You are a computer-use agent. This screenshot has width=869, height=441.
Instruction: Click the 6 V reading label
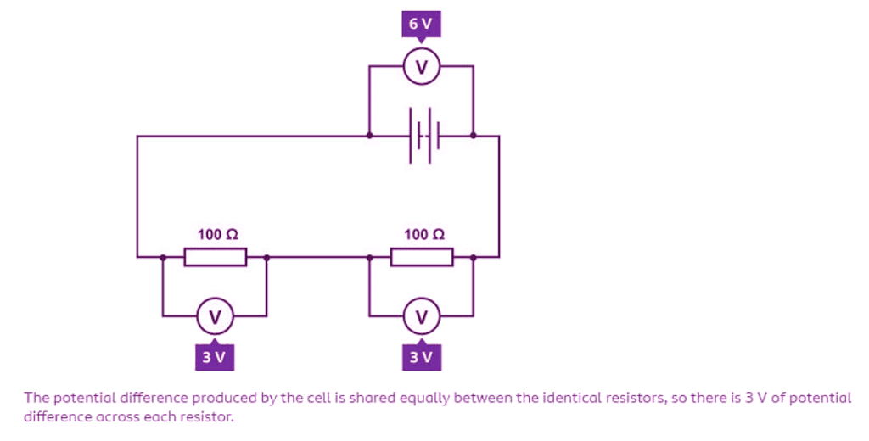point(421,24)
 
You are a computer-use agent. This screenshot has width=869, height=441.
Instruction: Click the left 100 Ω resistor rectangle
point(216,256)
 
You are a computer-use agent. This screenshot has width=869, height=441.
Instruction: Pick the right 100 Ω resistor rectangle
point(422,256)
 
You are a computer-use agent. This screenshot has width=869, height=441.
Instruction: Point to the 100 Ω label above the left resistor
point(217,234)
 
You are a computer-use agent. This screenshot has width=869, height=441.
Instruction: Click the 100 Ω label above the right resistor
point(423,234)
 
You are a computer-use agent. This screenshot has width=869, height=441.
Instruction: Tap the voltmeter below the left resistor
point(215,317)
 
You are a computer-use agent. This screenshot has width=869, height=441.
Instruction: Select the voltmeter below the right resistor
point(421,317)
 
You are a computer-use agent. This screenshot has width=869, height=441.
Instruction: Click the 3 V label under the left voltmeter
point(215,357)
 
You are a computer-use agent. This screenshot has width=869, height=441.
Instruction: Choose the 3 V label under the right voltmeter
point(421,357)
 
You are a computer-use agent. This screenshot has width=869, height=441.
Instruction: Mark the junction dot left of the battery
point(369,135)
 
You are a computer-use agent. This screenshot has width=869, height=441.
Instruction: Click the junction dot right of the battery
point(474,135)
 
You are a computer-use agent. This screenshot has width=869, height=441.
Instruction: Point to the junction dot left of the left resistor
point(163,256)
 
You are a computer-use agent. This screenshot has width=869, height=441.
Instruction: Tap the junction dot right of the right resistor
point(474,256)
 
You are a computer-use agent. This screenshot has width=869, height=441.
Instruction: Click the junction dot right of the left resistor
point(267,256)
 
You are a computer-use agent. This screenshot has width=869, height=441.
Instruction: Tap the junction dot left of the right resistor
point(369,256)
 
